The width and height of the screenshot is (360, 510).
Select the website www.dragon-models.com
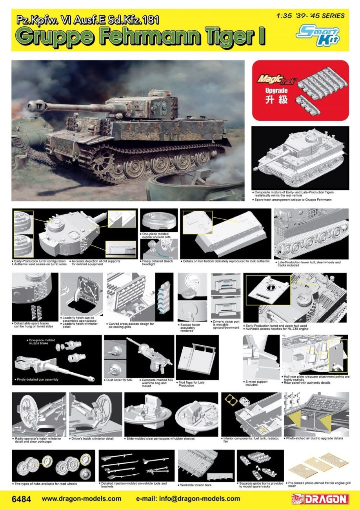click(x=81, y=499)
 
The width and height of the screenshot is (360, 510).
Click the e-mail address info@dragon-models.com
click(x=188, y=499)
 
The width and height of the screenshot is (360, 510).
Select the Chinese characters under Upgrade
click(x=279, y=99)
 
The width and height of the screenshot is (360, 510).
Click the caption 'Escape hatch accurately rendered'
click(x=190, y=328)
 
